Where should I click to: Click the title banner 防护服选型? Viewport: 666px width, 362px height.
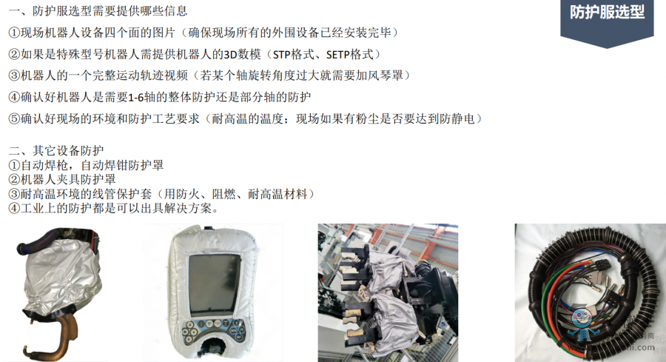607,13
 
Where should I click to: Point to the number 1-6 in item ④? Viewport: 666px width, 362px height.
136,98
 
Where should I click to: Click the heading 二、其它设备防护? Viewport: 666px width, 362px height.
56,151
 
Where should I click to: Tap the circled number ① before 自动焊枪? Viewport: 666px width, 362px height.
14,165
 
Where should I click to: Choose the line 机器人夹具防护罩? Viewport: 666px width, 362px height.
68,180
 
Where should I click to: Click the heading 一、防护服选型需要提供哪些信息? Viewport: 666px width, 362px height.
98,11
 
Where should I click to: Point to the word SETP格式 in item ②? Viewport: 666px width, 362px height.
349,55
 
